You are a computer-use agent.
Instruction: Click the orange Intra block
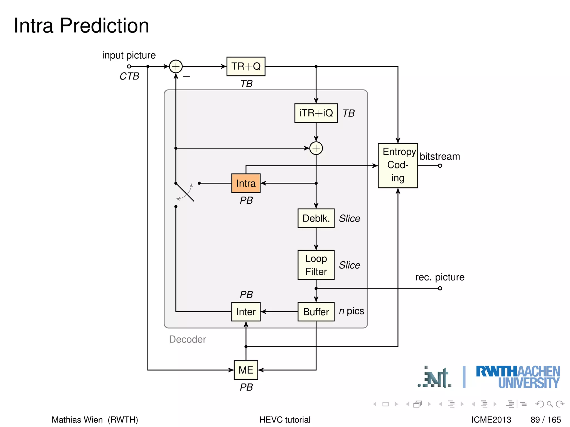pos(246,183)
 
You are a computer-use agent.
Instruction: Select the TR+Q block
pos(246,66)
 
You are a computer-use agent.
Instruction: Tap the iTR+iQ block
pos(316,113)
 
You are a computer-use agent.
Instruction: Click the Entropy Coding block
pos(398,165)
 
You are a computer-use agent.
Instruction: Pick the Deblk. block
pos(316,218)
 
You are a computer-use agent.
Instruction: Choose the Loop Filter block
pos(316,265)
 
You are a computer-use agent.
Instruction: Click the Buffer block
pos(316,312)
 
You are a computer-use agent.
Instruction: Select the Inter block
pos(246,312)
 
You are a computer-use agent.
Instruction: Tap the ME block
pos(246,370)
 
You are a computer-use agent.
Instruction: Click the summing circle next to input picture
pos(176,66)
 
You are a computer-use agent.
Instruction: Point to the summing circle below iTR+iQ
pos(316,148)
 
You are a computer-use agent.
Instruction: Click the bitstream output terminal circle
pos(440,166)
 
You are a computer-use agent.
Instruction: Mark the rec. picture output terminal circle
pos(440,288)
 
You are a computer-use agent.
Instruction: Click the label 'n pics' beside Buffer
pos(352,311)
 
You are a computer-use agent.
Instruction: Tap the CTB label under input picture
pos(129,76)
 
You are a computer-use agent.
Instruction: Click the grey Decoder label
pos(187,339)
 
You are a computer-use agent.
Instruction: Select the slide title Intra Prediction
pos(81,26)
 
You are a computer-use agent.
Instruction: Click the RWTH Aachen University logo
pos(518,377)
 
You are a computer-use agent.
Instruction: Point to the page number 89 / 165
pos(546,419)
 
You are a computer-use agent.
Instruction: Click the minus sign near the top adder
pos(186,76)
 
